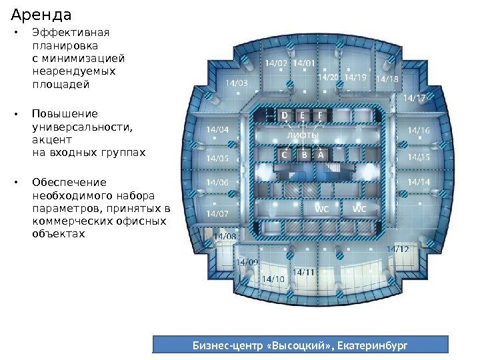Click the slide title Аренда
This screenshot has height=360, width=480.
point(41,13)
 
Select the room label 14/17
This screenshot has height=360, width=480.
point(415,98)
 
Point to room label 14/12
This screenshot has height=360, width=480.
point(397,249)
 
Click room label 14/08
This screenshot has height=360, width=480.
point(225,236)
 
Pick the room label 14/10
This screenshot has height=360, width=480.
point(273,278)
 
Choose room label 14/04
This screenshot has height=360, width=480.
point(217,129)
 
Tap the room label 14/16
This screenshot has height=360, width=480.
point(419,131)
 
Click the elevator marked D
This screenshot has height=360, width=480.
point(285,116)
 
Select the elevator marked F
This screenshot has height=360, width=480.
point(320,116)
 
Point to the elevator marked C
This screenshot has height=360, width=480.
point(285,155)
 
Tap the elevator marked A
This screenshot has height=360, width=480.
point(320,155)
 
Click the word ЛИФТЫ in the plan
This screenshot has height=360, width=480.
point(303,135)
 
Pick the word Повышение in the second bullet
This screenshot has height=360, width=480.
point(65,113)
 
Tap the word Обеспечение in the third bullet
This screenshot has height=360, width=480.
point(69,182)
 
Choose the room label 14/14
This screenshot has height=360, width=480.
point(419,181)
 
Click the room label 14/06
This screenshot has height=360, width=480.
point(217,182)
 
